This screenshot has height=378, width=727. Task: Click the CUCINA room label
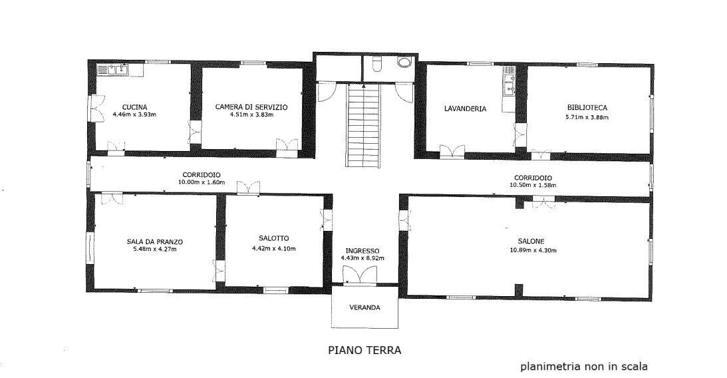point(134,107)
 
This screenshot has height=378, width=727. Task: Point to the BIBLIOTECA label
point(587,107)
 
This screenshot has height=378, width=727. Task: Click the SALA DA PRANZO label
point(155,242)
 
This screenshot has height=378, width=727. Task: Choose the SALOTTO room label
point(274,238)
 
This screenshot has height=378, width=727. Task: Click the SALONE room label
point(531,242)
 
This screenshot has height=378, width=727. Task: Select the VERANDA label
point(365,308)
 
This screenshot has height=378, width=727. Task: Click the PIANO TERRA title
point(364,349)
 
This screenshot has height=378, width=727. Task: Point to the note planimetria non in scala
point(583,366)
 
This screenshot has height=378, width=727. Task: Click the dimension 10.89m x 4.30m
point(531,250)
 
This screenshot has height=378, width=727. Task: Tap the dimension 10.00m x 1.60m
point(202,182)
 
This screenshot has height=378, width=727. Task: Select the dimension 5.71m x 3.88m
point(587,117)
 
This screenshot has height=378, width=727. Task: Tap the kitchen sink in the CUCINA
point(113,69)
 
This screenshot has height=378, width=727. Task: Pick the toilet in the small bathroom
point(377,64)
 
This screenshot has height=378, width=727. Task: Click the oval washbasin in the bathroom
point(403,63)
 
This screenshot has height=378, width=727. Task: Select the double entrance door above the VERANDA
point(359,274)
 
